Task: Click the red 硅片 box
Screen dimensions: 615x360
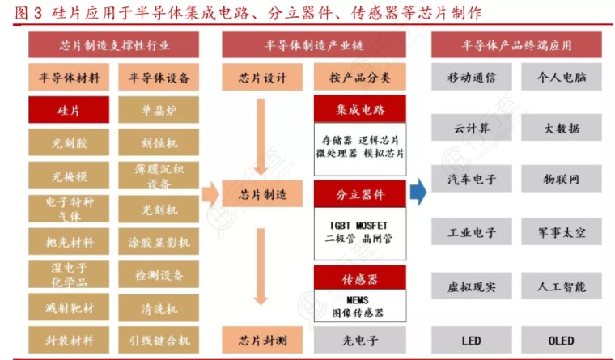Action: [69, 110]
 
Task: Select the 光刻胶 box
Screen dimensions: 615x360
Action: [69, 142]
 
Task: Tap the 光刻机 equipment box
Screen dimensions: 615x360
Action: [159, 210]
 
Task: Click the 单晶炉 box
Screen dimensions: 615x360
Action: [159, 110]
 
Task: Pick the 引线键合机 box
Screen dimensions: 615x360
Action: [159, 340]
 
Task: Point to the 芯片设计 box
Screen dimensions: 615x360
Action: [262, 77]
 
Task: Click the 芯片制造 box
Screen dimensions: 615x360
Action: [262, 193]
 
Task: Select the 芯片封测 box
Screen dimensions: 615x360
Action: [262, 340]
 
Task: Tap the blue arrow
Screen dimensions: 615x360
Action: [418, 192]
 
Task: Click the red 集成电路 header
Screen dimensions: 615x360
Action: [360, 109]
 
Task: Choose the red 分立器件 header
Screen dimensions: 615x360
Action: [360, 194]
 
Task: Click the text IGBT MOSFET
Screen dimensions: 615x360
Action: [358, 226]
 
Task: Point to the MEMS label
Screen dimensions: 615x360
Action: [358, 300]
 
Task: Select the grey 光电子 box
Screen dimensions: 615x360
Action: [360, 340]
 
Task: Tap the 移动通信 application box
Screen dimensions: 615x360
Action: [472, 77]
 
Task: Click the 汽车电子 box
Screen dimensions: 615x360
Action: [472, 179]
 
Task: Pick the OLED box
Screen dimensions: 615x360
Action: [562, 340]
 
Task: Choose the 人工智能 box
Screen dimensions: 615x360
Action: [562, 286]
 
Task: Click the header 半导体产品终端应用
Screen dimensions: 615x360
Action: [516, 44]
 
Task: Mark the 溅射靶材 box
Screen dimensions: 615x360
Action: [69, 307]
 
